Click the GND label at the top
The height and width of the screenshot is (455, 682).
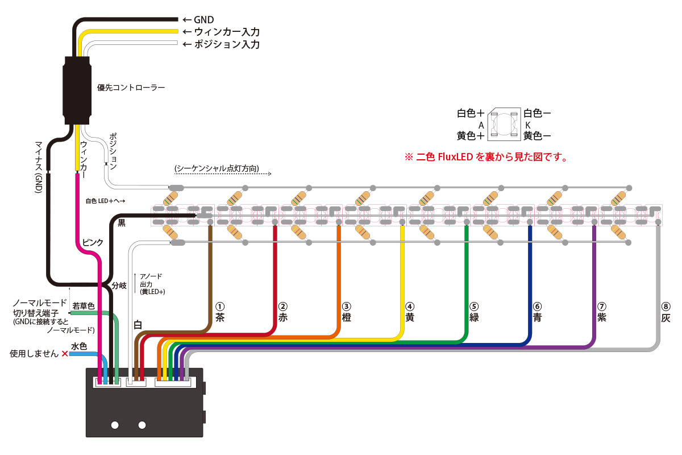[x=203, y=20]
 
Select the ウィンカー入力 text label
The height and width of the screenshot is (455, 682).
[x=227, y=32]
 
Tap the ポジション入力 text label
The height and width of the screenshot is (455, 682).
[x=227, y=44]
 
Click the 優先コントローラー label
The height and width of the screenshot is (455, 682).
[x=131, y=88]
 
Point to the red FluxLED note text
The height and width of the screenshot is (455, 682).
[x=486, y=157]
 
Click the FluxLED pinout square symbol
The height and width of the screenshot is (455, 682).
[x=504, y=124]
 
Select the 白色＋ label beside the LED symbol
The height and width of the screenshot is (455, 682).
[x=471, y=113]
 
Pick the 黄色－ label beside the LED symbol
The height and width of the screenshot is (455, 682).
[x=537, y=136]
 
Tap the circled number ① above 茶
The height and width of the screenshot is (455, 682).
[x=220, y=307]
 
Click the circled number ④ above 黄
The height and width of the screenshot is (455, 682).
[x=410, y=307]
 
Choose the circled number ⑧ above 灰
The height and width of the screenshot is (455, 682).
[x=666, y=307]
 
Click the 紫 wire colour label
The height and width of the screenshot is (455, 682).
[x=602, y=317]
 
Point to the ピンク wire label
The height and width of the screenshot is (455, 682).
[x=93, y=243]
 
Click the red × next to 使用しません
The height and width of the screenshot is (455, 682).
[x=65, y=354]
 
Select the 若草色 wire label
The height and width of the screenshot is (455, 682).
[x=84, y=306]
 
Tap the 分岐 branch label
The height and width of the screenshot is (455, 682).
[x=119, y=286]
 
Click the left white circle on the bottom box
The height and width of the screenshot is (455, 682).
[x=115, y=425]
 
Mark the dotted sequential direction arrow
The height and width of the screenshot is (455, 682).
[x=223, y=174]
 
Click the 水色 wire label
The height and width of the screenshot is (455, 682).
[x=79, y=346]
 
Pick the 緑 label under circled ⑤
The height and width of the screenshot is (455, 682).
[x=474, y=317]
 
